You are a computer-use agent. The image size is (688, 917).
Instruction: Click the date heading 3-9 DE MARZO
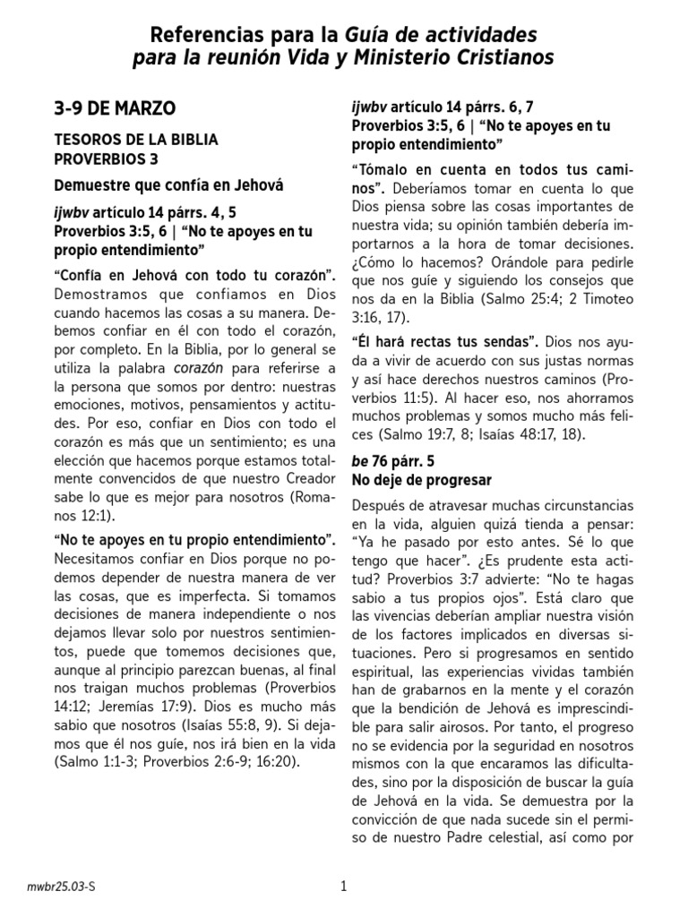115,108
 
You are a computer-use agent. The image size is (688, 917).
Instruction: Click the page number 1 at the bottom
343,887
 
